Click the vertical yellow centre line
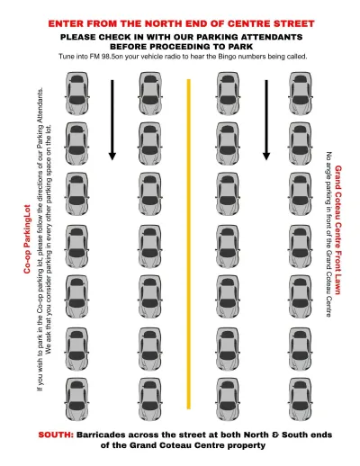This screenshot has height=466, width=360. [x=189, y=244]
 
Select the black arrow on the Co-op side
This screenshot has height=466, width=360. [x=112, y=120]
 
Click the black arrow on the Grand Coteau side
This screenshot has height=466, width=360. [x=266, y=120]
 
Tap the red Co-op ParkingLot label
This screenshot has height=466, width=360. [x=27, y=239]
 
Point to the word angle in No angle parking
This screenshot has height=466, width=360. [x=329, y=171]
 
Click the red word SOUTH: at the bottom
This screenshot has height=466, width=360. [x=56, y=435]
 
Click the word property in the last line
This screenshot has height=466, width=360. [x=247, y=446]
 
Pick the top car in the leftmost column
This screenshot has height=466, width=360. [x=77, y=93]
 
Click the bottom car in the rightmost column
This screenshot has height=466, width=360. [x=301, y=399]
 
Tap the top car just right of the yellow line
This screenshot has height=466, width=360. [x=228, y=93]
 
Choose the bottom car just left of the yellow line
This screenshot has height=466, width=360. [x=150, y=399]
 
